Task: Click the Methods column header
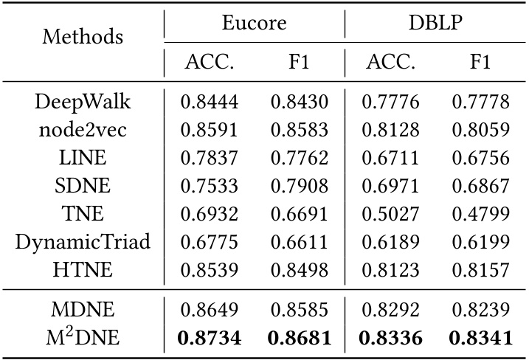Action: pyautogui.click(x=83, y=36)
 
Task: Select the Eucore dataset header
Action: pyautogui.click(x=254, y=21)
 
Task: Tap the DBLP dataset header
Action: pyautogui.click(x=436, y=21)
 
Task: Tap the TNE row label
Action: pyautogui.click(x=83, y=215)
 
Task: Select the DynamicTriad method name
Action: pyautogui.click(x=83, y=242)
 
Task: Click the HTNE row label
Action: pyautogui.click(x=83, y=269)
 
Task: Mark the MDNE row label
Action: pyautogui.click(x=83, y=309)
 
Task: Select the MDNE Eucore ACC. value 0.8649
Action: pyautogui.click(x=209, y=309)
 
